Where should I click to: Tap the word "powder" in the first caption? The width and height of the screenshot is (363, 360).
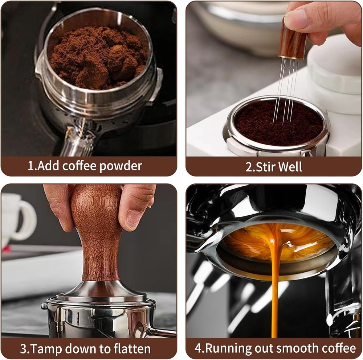121,166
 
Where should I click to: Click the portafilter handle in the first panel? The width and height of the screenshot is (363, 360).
76,139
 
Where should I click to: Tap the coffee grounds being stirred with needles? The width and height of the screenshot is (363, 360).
279,124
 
